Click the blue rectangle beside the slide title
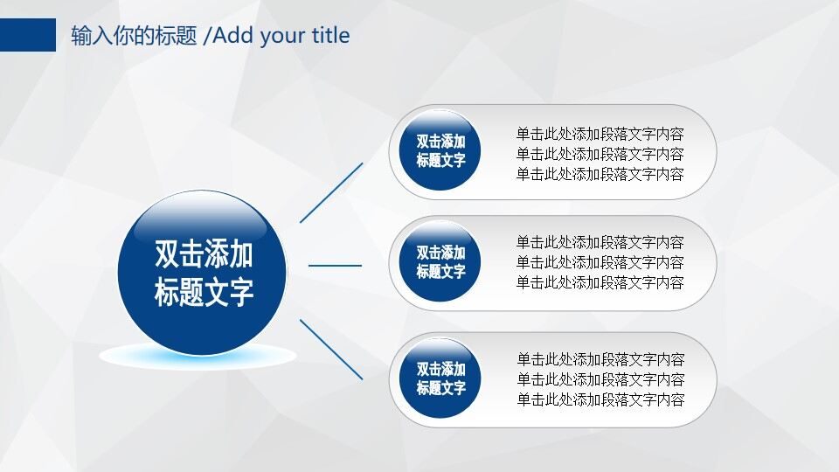(27, 35)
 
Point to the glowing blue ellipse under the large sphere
(198, 356)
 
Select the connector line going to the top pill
(331, 192)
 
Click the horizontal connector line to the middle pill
(335, 265)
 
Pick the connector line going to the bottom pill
(331, 349)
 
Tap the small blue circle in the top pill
(440, 151)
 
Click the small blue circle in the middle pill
(440, 262)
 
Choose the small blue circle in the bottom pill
(440, 378)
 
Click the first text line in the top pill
(600, 135)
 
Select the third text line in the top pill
(600, 174)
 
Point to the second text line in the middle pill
(600, 262)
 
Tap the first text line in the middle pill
(600, 242)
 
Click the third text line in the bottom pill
(600, 399)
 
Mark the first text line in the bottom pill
(600, 359)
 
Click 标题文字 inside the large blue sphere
(204, 293)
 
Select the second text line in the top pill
(600, 154)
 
